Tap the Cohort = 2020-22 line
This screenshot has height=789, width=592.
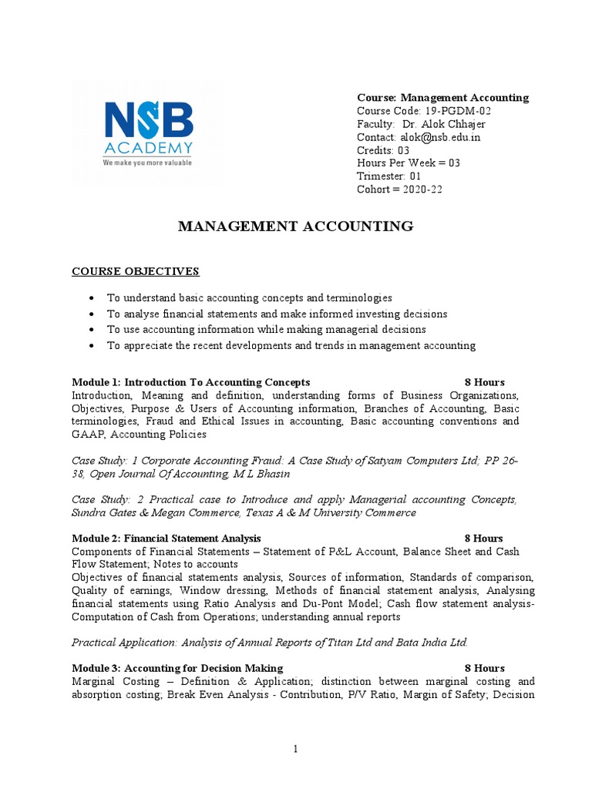point(400,190)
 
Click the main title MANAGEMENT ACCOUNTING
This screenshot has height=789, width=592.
point(296,227)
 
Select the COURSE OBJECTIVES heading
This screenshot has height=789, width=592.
point(135,271)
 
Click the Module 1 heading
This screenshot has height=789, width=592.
point(190,382)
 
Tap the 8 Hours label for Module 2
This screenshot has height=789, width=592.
point(484,539)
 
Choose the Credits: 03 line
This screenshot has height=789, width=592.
point(383,150)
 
